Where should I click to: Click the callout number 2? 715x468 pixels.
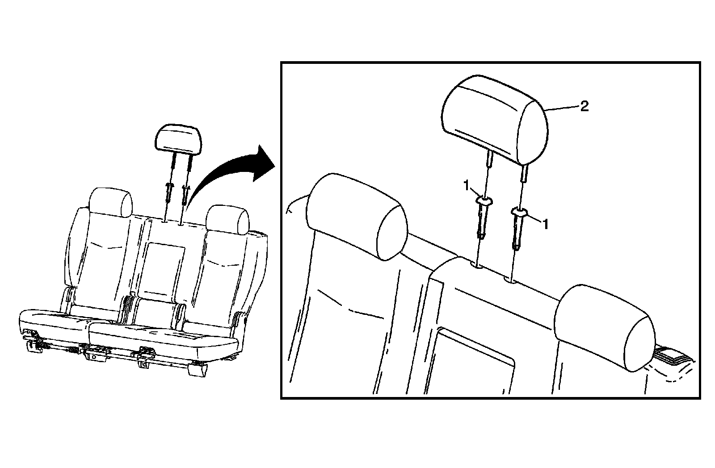[x=584, y=106]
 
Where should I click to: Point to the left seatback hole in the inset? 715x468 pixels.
[x=478, y=266]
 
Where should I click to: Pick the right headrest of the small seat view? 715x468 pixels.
[x=227, y=219]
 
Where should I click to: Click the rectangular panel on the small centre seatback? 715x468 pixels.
[x=165, y=268]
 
